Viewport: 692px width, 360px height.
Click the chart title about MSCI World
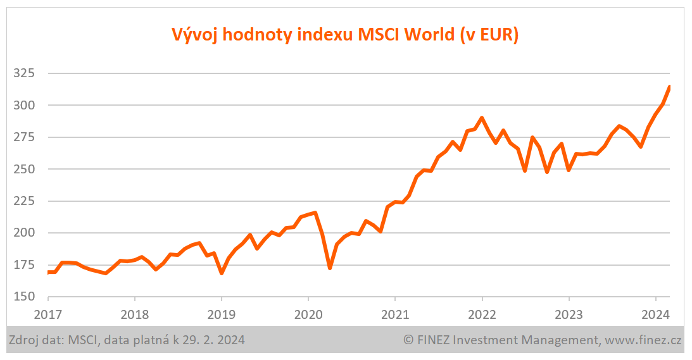(x=345, y=35)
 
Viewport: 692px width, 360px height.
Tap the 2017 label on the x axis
(x=48, y=313)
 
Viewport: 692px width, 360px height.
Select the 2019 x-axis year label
(x=222, y=313)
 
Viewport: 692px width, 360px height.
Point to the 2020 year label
(x=308, y=313)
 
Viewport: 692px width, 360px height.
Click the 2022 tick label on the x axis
(x=482, y=313)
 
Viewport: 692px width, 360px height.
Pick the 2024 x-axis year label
(x=656, y=313)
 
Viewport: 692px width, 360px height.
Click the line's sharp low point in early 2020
(x=330, y=268)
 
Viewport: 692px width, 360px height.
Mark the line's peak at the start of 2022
(x=482, y=118)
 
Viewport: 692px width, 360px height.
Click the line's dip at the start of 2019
(x=222, y=273)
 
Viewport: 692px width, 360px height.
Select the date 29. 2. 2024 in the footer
(x=212, y=340)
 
